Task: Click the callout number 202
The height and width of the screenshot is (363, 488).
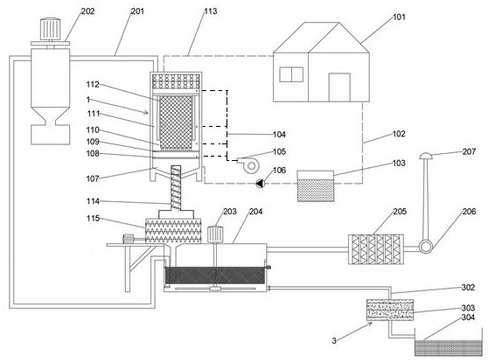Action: click(87, 11)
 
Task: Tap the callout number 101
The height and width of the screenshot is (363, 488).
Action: click(399, 17)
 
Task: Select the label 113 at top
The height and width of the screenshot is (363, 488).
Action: click(211, 11)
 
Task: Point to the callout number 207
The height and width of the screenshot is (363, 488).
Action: click(469, 151)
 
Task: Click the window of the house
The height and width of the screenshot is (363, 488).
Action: click(291, 74)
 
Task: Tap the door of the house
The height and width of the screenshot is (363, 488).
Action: click(339, 87)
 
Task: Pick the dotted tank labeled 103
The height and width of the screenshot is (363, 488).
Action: click(316, 185)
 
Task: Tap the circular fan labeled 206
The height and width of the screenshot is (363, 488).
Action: click(425, 247)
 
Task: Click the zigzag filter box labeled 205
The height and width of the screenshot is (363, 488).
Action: click(376, 249)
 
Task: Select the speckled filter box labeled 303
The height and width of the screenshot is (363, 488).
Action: click(390, 310)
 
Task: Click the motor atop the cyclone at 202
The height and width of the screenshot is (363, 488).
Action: click(50, 29)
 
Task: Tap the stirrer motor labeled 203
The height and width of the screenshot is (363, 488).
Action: click(215, 234)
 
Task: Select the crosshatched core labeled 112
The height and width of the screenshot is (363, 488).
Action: click(176, 123)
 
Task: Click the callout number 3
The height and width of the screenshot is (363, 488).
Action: click(334, 341)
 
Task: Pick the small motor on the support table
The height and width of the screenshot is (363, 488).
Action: click(129, 239)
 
